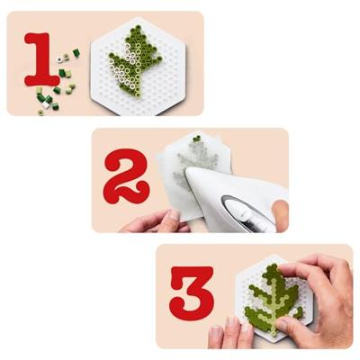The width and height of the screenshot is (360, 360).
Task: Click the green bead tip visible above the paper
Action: (x=196, y=139)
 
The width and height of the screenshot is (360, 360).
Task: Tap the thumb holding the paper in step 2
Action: (x=166, y=217)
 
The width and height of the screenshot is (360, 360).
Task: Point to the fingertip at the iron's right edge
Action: (x=280, y=214)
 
